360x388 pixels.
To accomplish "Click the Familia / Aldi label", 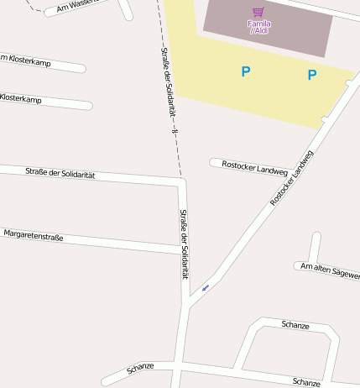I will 258,27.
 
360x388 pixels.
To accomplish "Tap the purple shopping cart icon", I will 258,13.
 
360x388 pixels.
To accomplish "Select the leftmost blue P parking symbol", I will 246,72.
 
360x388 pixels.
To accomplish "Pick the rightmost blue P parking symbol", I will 312,75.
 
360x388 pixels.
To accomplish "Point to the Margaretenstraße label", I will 34,235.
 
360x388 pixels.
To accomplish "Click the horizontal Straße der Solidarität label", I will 60,174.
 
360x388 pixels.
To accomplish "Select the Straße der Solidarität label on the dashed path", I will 167,84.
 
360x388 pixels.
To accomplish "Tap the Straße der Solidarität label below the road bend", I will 184,244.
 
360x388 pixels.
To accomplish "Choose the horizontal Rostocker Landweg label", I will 254,165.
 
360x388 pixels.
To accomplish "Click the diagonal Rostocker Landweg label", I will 291,178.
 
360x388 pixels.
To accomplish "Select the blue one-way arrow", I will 205,287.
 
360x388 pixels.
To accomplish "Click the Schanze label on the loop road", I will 295,325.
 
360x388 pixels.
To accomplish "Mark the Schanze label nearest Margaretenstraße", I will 140,367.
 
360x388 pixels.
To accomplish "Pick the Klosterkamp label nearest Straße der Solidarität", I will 22,98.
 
